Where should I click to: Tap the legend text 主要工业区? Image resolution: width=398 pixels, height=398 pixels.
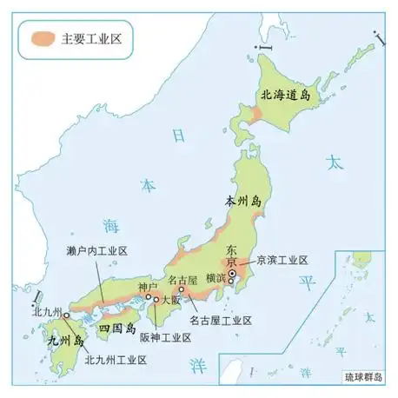tap(91, 38)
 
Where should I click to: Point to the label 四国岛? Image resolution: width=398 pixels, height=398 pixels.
tap(116, 329)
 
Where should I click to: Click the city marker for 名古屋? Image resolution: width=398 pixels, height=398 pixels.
tap(182, 290)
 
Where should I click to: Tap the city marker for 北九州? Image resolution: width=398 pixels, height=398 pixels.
tap(66, 316)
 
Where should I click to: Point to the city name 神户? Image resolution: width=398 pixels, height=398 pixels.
tap(148, 286)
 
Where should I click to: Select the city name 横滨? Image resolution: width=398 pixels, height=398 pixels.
tap(218, 278)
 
